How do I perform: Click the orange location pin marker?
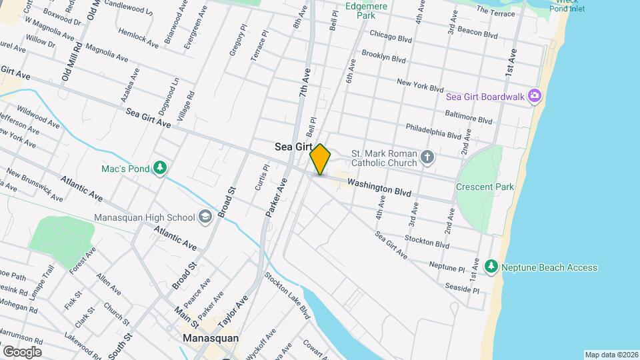(320, 159)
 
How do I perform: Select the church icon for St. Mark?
(427, 158)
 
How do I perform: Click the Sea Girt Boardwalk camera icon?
(534, 96)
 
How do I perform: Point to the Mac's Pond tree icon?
(159, 169)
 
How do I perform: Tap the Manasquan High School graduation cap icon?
(205, 217)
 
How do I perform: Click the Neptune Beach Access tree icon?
(491, 267)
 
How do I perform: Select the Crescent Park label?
(485, 187)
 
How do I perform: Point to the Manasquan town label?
(211, 338)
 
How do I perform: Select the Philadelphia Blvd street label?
(433, 130)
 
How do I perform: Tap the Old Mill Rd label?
(71, 62)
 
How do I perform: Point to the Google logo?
(22, 351)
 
